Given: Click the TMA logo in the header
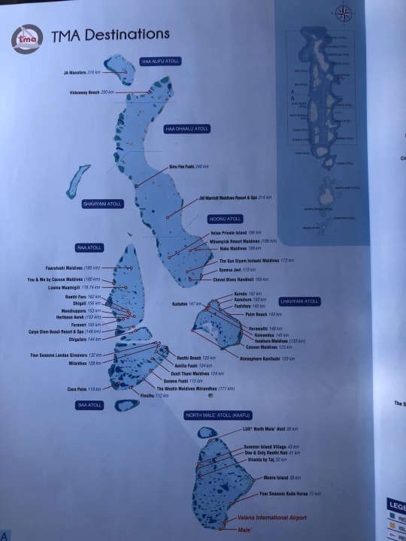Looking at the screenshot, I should (29, 38).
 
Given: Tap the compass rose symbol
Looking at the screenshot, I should (344, 13).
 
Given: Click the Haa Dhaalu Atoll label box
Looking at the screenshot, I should (187, 129).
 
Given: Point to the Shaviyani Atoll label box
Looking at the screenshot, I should (102, 204).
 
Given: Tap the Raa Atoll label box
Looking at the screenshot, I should (89, 247).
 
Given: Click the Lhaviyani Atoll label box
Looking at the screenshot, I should (300, 301).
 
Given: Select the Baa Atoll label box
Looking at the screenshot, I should (89, 405).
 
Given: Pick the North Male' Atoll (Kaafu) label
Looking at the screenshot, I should (217, 415).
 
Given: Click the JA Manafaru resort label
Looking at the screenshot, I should (82, 73).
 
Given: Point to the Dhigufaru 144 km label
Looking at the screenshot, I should (84, 339).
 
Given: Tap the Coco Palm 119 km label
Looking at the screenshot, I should (83, 388).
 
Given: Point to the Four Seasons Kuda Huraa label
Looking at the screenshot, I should (289, 494).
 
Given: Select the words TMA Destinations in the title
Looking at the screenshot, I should (110, 35).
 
